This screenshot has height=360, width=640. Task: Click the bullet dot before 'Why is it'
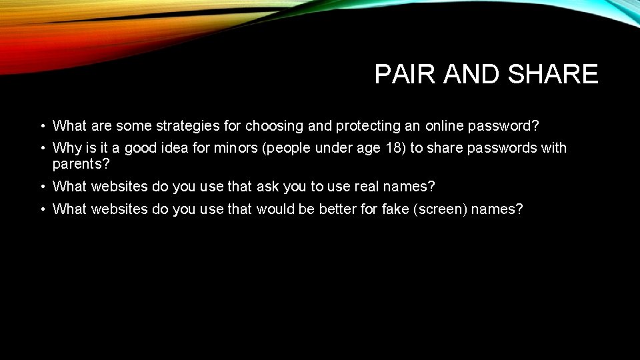click(41, 148)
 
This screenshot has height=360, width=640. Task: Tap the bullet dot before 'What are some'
click(41, 126)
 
